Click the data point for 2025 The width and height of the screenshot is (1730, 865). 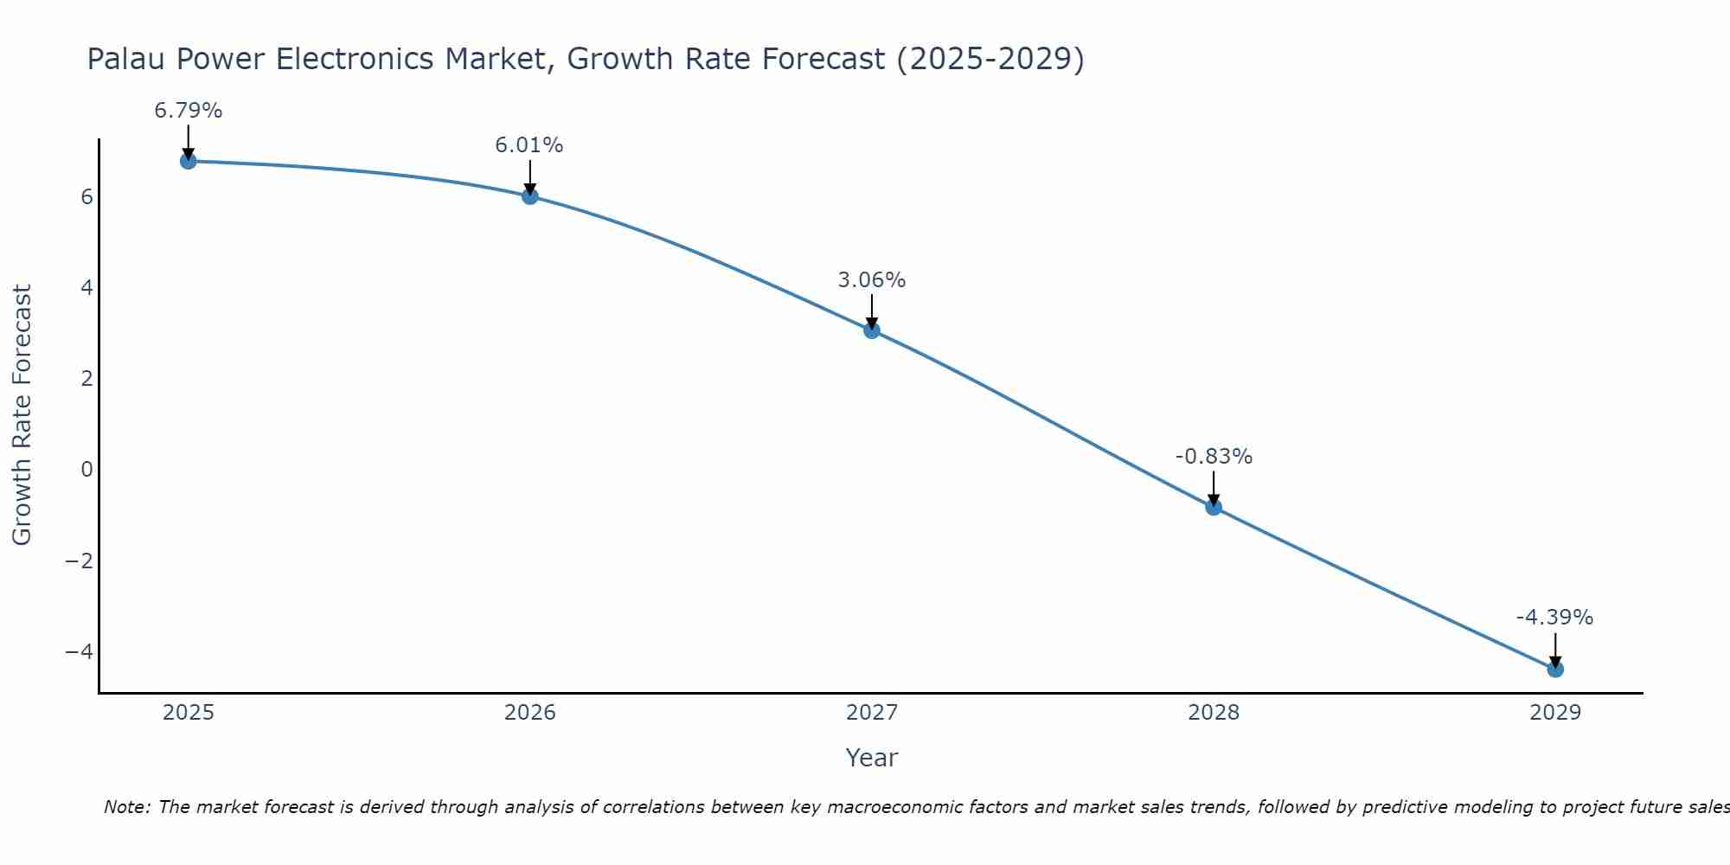pyautogui.click(x=189, y=161)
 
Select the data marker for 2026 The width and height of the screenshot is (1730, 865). pyautogui.click(x=530, y=196)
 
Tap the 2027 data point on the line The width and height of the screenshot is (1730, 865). pyautogui.click(x=872, y=330)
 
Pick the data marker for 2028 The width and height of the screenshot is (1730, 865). pyautogui.click(x=1214, y=507)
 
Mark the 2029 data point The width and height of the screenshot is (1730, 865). pyautogui.click(x=1555, y=669)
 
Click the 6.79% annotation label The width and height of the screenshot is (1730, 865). pyautogui.click(x=189, y=111)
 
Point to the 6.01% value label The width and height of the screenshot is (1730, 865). pyautogui.click(x=529, y=145)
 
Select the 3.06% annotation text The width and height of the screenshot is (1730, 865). pyautogui.click(x=872, y=280)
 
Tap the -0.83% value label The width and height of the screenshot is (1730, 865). pyautogui.click(x=1214, y=457)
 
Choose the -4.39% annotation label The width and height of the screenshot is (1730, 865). pyautogui.click(x=1554, y=618)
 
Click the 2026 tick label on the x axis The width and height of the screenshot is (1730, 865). pyautogui.click(x=530, y=713)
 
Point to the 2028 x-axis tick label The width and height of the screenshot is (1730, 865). pyautogui.click(x=1214, y=713)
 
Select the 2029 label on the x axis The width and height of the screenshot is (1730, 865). pyautogui.click(x=1555, y=713)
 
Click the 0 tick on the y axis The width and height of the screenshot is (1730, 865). pyautogui.click(x=86, y=470)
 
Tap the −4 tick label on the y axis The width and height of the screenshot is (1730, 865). pyautogui.click(x=79, y=651)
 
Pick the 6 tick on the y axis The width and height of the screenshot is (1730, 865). pyautogui.click(x=86, y=197)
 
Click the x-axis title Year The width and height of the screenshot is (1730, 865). pyautogui.click(x=872, y=758)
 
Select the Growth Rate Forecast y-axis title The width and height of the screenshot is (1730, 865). pyautogui.click(x=22, y=415)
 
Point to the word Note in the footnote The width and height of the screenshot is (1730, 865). pyautogui.click(x=126, y=808)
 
